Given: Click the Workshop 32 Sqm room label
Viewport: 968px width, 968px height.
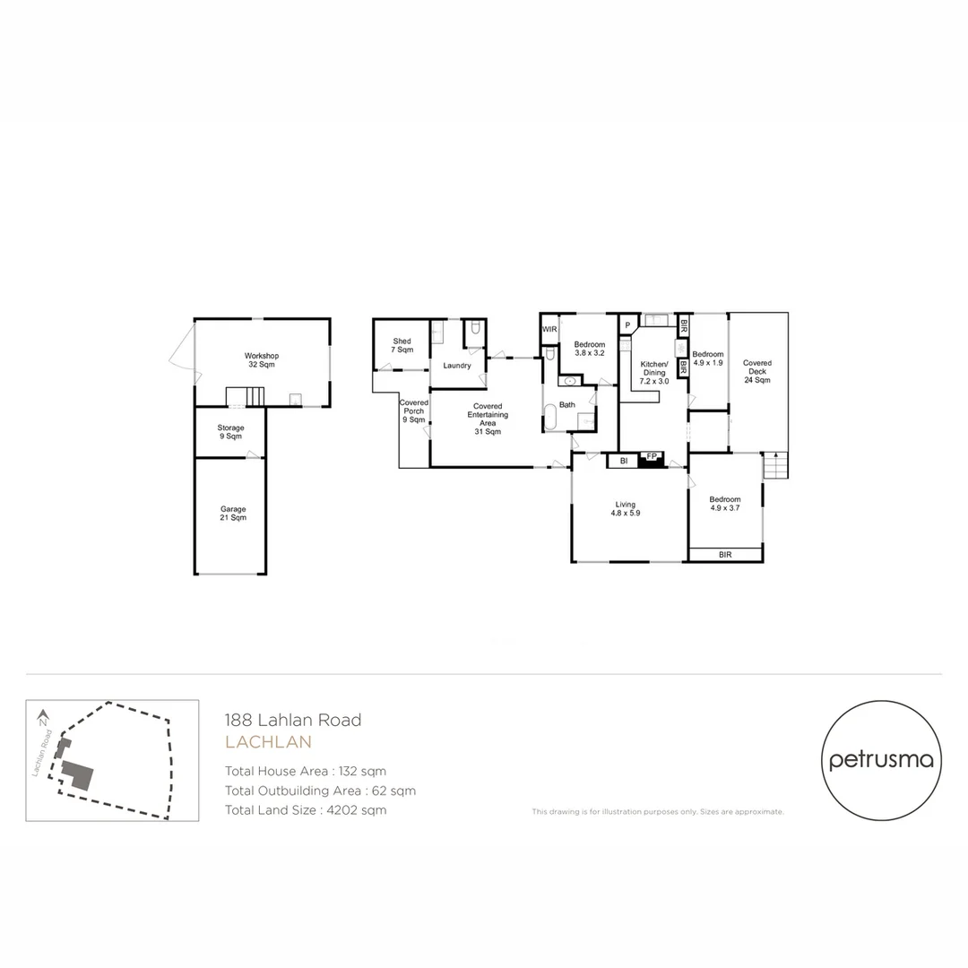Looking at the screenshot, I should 262,360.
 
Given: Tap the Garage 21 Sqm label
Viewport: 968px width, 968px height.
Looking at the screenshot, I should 233,514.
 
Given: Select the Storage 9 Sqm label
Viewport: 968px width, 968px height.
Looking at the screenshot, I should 230,432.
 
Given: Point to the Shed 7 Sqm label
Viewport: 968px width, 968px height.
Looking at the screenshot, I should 402,345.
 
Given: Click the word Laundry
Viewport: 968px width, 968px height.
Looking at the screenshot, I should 457,366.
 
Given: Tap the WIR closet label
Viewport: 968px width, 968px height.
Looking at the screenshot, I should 549,330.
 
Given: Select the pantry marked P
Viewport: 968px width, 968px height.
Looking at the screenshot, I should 627,324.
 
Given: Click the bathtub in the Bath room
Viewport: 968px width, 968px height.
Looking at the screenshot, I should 549,418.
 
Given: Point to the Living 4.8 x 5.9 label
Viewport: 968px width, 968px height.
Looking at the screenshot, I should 625,508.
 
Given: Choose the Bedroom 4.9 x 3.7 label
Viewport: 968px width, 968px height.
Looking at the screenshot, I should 725,504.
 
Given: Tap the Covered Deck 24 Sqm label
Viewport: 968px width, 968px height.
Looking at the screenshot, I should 757,371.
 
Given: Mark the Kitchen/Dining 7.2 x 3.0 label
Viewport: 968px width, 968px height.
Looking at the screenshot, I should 653,372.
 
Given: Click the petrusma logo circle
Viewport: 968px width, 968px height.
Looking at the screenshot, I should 882,760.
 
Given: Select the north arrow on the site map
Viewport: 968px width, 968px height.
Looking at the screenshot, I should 43,717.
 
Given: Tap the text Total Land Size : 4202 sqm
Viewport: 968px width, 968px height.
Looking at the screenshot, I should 306,810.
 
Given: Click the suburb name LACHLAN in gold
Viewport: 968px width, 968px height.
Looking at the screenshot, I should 268,742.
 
